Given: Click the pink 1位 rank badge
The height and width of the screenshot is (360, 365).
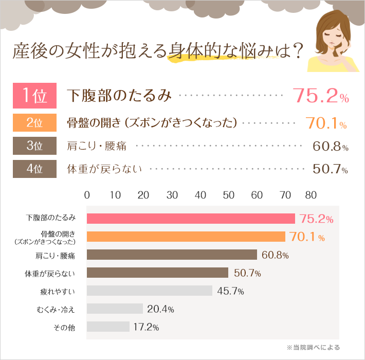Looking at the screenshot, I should [x=34, y=95].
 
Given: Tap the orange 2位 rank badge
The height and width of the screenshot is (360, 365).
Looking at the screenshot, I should [x=34, y=123].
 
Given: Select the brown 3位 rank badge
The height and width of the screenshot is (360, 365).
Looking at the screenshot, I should [x=34, y=146].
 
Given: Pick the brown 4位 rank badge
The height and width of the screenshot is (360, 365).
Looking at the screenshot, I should [x=34, y=169].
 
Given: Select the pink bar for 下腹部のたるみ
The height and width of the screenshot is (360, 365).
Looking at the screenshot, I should [x=190, y=219].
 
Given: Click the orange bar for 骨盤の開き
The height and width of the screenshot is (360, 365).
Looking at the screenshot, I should [x=186, y=237].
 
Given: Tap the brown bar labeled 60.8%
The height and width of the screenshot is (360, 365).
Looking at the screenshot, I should [x=172, y=255].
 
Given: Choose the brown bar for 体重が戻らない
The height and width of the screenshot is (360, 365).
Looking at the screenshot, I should [x=157, y=273].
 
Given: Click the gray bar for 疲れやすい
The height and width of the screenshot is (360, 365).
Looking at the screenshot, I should [x=150, y=291].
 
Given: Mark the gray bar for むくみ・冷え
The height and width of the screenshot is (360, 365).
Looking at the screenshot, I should [x=115, y=309].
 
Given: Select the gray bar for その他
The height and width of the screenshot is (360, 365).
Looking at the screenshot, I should [x=108, y=327].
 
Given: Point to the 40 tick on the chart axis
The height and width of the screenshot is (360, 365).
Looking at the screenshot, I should [x=200, y=195].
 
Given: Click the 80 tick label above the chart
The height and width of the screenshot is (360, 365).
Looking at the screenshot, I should [x=311, y=195].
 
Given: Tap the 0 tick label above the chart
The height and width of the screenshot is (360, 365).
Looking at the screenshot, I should [x=87, y=195].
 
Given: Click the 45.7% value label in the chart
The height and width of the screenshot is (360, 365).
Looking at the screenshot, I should [x=230, y=291].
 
